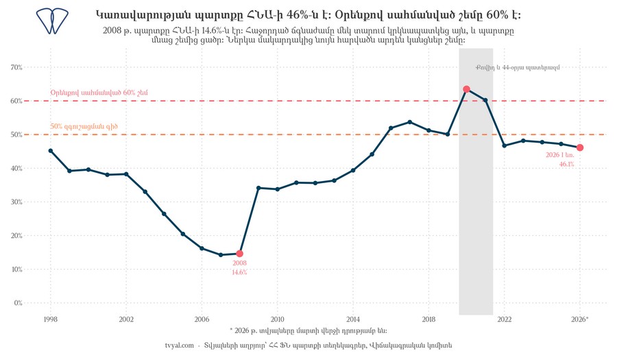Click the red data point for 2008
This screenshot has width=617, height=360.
coord(239,254)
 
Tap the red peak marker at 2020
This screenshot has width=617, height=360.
coord(466,89)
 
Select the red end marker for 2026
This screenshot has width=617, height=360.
coord(579,147)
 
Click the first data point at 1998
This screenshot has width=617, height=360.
coord(50,151)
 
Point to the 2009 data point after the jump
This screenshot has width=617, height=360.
coord(258,188)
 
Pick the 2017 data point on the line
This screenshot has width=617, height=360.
coord(410,122)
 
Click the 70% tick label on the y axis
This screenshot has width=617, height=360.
coord(16,67)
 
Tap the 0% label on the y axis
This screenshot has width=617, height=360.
coord(18,303)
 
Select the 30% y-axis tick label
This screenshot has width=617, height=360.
coord(16,202)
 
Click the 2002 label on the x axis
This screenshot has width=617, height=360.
coord(126,320)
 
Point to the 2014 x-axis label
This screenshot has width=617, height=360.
coord(353,320)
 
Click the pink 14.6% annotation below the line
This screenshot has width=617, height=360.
coord(239,272)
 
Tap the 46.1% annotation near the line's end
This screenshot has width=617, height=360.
coord(567,164)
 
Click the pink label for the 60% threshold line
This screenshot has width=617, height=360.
coord(99,93)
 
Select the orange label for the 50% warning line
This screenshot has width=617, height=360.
coord(84,127)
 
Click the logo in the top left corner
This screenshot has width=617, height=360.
coord(52,21)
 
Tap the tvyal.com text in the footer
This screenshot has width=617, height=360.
coord(180,346)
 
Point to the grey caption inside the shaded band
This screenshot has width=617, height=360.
coord(518,67)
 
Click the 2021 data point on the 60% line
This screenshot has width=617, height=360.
coord(485,100)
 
